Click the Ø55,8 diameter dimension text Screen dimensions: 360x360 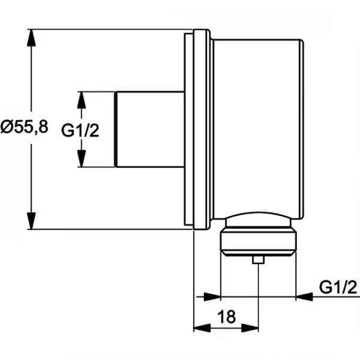pyautogui.click(x=24, y=127)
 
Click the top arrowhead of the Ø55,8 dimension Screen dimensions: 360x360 pyautogui.click(x=30, y=37)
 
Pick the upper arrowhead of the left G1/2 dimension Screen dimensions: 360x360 pyautogui.click(x=82, y=99)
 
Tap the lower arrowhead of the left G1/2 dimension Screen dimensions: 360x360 pyautogui.click(x=82, y=158)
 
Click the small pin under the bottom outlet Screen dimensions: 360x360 pyautogui.click(x=258, y=259)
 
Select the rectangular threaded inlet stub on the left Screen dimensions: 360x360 pyautogui.click(x=149, y=129)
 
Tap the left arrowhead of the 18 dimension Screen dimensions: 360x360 pyautogui.click(x=200, y=328)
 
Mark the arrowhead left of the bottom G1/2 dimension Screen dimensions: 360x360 pyautogui.click(x=214, y=296)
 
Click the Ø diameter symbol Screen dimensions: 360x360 pyautogui.click(x=8, y=127)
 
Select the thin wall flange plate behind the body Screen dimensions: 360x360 pyautogui.click(x=189, y=129)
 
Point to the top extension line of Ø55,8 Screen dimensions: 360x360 pyautogui.click(x=108, y=28)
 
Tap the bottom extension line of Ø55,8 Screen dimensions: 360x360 pyautogui.click(x=108, y=229)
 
